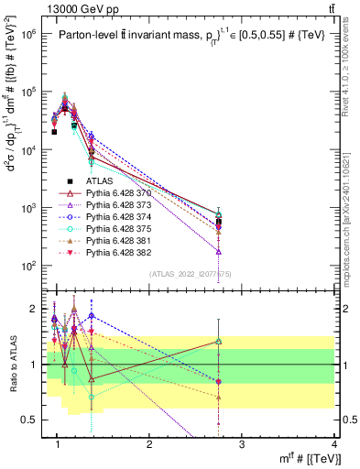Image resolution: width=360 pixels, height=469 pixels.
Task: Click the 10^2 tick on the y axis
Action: pyautogui.click(x=29, y=267)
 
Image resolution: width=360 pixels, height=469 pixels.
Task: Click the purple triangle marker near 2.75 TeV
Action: pyautogui.click(x=219, y=250)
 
